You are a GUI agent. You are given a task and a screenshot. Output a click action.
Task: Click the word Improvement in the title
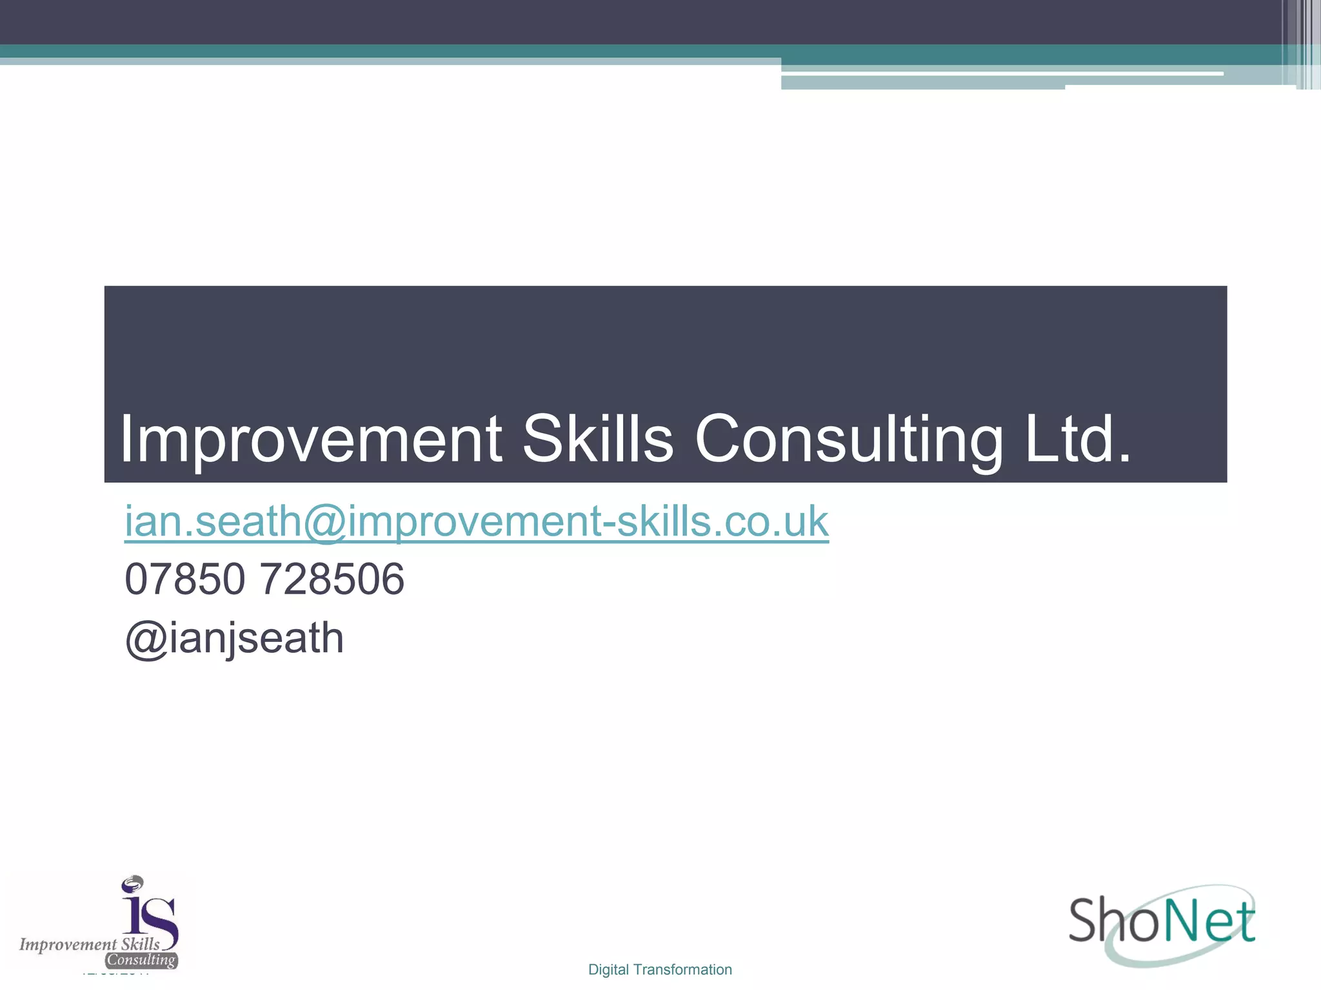[x=310, y=440]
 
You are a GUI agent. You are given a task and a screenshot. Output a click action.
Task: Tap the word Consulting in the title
[x=848, y=440]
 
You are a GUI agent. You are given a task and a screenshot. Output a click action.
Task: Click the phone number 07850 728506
[x=264, y=579]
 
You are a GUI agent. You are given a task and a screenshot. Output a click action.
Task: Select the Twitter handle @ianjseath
[x=234, y=639]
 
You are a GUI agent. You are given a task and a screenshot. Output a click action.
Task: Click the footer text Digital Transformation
[x=660, y=969]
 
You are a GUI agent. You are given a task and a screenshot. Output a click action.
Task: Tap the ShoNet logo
[x=1162, y=923]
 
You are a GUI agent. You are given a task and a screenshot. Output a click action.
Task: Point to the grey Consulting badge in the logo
[x=141, y=960]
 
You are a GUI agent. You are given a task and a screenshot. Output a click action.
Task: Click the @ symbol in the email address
[x=324, y=522]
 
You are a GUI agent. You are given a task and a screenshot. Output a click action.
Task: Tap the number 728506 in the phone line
[x=332, y=579]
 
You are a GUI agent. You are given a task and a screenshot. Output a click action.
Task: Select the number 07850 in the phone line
[x=185, y=579]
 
